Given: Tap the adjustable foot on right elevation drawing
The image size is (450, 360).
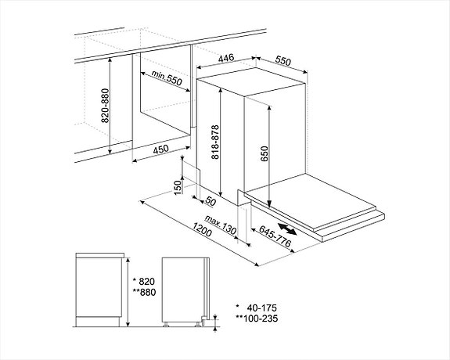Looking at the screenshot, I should coord(201,322).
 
